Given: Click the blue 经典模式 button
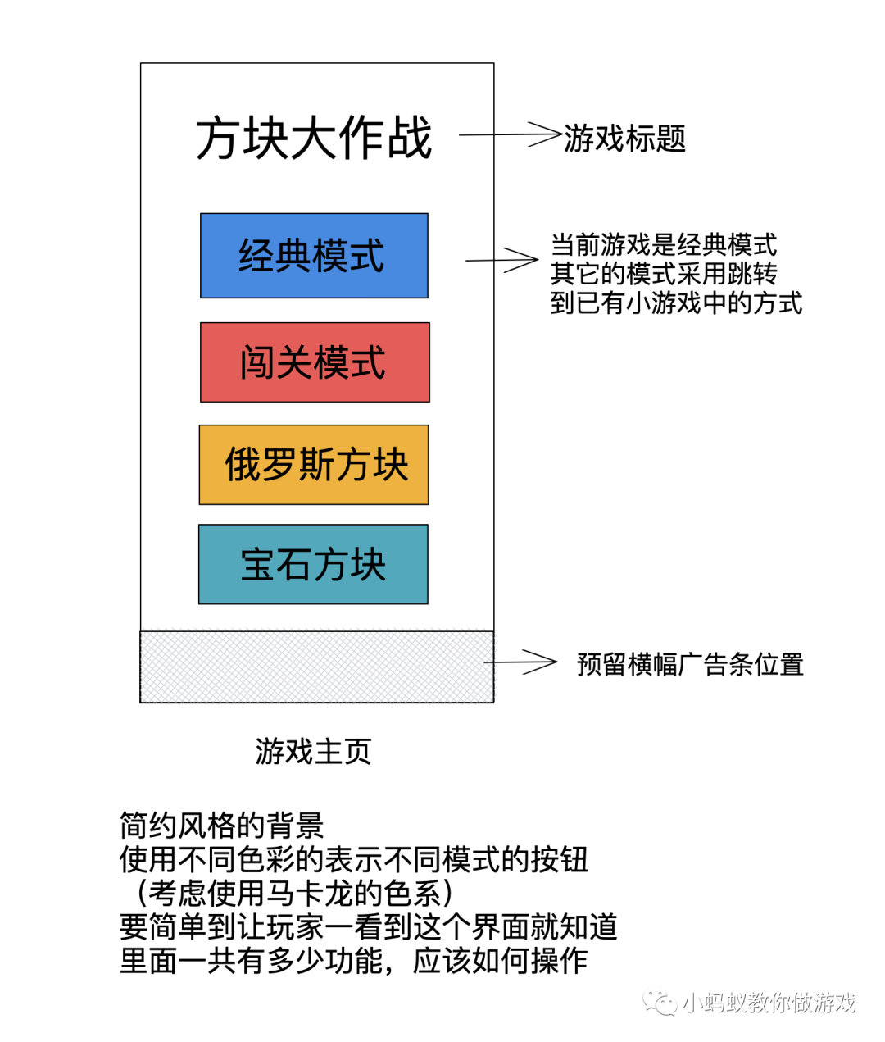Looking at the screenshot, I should click(314, 256).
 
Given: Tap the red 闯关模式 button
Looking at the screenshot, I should click(315, 362).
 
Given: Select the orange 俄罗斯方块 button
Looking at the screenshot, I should click(314, 465).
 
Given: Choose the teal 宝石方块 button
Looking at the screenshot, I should click(313, 565).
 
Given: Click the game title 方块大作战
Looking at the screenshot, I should click(314, 139).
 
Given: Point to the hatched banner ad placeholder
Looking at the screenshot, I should click(316, 667).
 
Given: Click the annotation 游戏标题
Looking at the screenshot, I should click(624, 139).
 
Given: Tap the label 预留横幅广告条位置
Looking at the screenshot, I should click(690, 663).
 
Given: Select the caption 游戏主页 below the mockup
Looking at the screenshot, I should click(313, 751).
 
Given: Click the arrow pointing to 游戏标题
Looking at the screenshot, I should click(510, 134).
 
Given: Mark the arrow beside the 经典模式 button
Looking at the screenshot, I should click(501, 260).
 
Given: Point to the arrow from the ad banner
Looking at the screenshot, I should click(520, 662).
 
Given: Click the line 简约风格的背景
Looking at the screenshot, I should click(221, 825).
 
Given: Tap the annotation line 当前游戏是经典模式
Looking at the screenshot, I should click(664, 244).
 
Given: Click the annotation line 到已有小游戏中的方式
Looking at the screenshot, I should click(676, 303).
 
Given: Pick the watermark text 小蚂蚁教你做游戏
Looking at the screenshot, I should click(769, 1003).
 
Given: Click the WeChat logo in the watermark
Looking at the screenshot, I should click(660, 1003).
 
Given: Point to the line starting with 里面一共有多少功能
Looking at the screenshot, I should click(353, 960).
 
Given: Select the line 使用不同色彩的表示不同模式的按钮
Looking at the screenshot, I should click(353, 859).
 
